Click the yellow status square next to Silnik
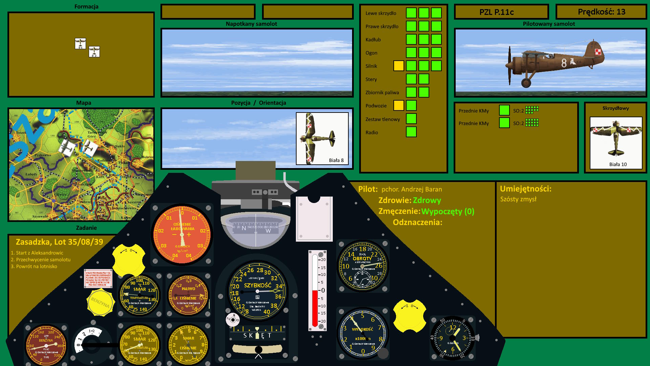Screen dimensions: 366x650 [x=398, y=66]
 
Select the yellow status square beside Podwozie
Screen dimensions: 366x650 [x=398, y=105]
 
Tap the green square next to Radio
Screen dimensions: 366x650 [x=411, y=132]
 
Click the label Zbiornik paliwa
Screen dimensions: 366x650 [x=382, y=93]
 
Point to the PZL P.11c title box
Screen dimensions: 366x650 [x=501, y=12]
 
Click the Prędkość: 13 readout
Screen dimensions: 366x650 [x=601, y=12]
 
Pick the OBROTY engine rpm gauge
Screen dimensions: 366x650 [x=363, y=266]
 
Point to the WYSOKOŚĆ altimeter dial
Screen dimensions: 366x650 [x=363, y=334]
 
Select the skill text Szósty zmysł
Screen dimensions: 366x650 [x=518, y=199]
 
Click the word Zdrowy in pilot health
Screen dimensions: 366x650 [x=427, y=200]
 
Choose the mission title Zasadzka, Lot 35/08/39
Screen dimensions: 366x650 [x=59, y=242]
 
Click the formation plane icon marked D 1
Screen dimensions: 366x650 [x=80, y=43]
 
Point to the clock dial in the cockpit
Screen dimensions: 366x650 [x=452, y=338]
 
